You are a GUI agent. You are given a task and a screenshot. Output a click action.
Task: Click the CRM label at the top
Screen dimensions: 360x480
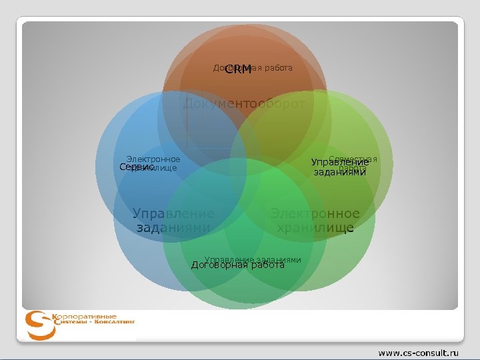tap(238, 69)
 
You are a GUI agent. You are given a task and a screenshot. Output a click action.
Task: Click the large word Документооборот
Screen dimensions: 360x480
tap(244, 104)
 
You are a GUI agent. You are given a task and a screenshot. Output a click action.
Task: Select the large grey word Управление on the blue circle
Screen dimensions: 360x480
tap(173, 214)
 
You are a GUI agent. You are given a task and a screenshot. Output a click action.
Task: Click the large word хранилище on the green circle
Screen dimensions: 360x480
tap(315, 228)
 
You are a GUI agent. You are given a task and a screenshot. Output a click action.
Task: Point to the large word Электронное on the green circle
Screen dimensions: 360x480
tap(315, 214)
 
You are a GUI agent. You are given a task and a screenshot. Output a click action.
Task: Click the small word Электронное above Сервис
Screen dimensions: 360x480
tap(153, 159)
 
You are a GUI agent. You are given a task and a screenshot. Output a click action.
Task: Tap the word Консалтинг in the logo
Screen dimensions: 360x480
tap(113, 321)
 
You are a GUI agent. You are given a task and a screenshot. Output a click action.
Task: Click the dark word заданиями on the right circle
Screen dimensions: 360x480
tap(340, 172)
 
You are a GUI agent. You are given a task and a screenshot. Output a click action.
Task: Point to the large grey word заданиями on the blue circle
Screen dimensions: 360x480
tap(173, 228)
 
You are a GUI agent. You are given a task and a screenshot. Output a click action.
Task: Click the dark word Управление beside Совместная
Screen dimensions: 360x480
tap(340, 163)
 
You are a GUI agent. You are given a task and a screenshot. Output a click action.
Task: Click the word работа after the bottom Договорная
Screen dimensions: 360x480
tap(267, 265)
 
